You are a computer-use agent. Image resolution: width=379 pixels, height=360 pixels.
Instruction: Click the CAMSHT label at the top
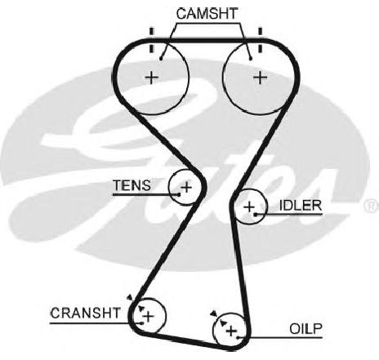207,14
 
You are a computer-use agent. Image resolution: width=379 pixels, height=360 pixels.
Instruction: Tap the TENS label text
132,185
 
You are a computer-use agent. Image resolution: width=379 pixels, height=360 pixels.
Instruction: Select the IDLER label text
301,206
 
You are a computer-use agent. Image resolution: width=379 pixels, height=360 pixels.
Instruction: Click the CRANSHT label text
85,313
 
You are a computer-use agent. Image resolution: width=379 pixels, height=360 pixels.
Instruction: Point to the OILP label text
305,329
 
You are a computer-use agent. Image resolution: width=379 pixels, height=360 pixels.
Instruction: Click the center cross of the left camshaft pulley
152,78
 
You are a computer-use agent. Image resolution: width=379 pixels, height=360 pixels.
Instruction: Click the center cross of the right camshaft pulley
261,78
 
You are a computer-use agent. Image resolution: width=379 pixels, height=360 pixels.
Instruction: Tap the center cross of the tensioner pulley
187,187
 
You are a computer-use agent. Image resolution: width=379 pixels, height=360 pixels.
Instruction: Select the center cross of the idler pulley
249,207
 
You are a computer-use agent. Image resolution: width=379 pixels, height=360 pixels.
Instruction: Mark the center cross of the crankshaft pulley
149,317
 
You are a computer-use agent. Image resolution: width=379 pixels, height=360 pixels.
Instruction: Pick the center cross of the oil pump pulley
231,331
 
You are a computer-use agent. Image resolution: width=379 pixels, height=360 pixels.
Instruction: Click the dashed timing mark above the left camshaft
152,40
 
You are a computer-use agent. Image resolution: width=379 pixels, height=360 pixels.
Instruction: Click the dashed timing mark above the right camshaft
261,40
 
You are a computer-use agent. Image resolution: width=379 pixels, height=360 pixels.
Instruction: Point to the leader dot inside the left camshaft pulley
161,59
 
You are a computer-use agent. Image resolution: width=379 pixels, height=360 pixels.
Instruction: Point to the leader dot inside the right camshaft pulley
251,59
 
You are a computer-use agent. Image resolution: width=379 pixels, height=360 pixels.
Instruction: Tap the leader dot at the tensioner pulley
179,194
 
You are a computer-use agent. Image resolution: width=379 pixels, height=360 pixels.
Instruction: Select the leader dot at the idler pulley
256,215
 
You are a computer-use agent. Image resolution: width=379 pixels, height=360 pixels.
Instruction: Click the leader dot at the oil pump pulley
238,338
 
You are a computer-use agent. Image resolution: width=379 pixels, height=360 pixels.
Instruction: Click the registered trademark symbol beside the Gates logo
372,206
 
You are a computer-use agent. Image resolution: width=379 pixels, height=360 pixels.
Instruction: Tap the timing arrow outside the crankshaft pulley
130,297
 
